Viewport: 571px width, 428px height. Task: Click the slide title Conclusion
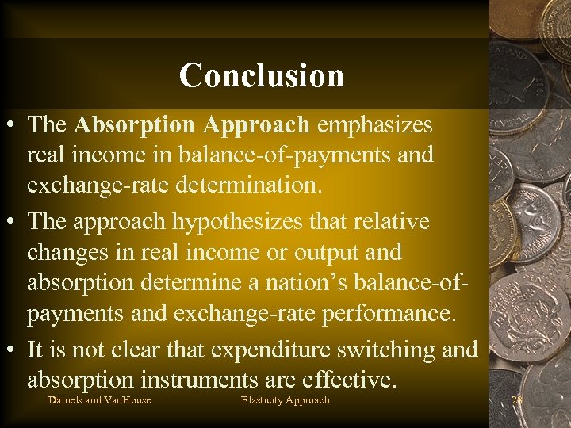(262, 75)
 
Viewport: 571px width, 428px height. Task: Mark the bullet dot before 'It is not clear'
(12, 350)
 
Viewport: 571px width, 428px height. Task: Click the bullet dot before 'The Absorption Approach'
(12, 126)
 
